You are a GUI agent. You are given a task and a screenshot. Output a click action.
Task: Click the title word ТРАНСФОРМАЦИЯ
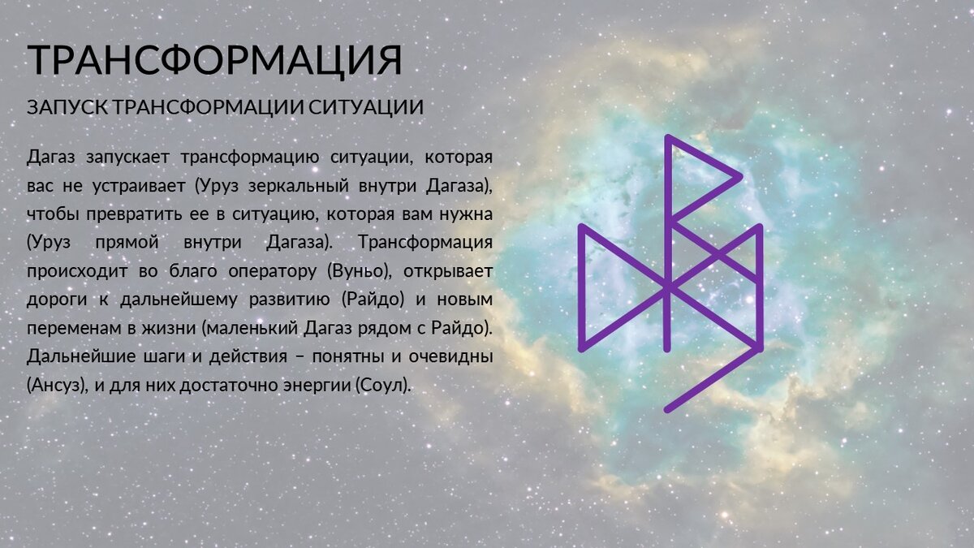[x=214, y=60]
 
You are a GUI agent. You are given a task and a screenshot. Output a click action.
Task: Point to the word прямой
[x=127, y=242]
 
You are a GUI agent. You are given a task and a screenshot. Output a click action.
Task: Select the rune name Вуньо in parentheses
[x=357, y=271]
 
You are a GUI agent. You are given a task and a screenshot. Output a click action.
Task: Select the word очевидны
[x=450, y=356]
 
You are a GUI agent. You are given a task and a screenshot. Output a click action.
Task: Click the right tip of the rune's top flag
[x=739, y=176]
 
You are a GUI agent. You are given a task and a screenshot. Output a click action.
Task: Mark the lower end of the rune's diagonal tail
[x=667, y=410]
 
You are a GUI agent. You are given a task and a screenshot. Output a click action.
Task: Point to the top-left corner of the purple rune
[x=581, y=227]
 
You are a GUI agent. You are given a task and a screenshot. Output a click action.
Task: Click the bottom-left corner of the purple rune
[x=581, y=348]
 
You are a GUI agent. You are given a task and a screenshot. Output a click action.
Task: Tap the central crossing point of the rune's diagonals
[x=668, y=287]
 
